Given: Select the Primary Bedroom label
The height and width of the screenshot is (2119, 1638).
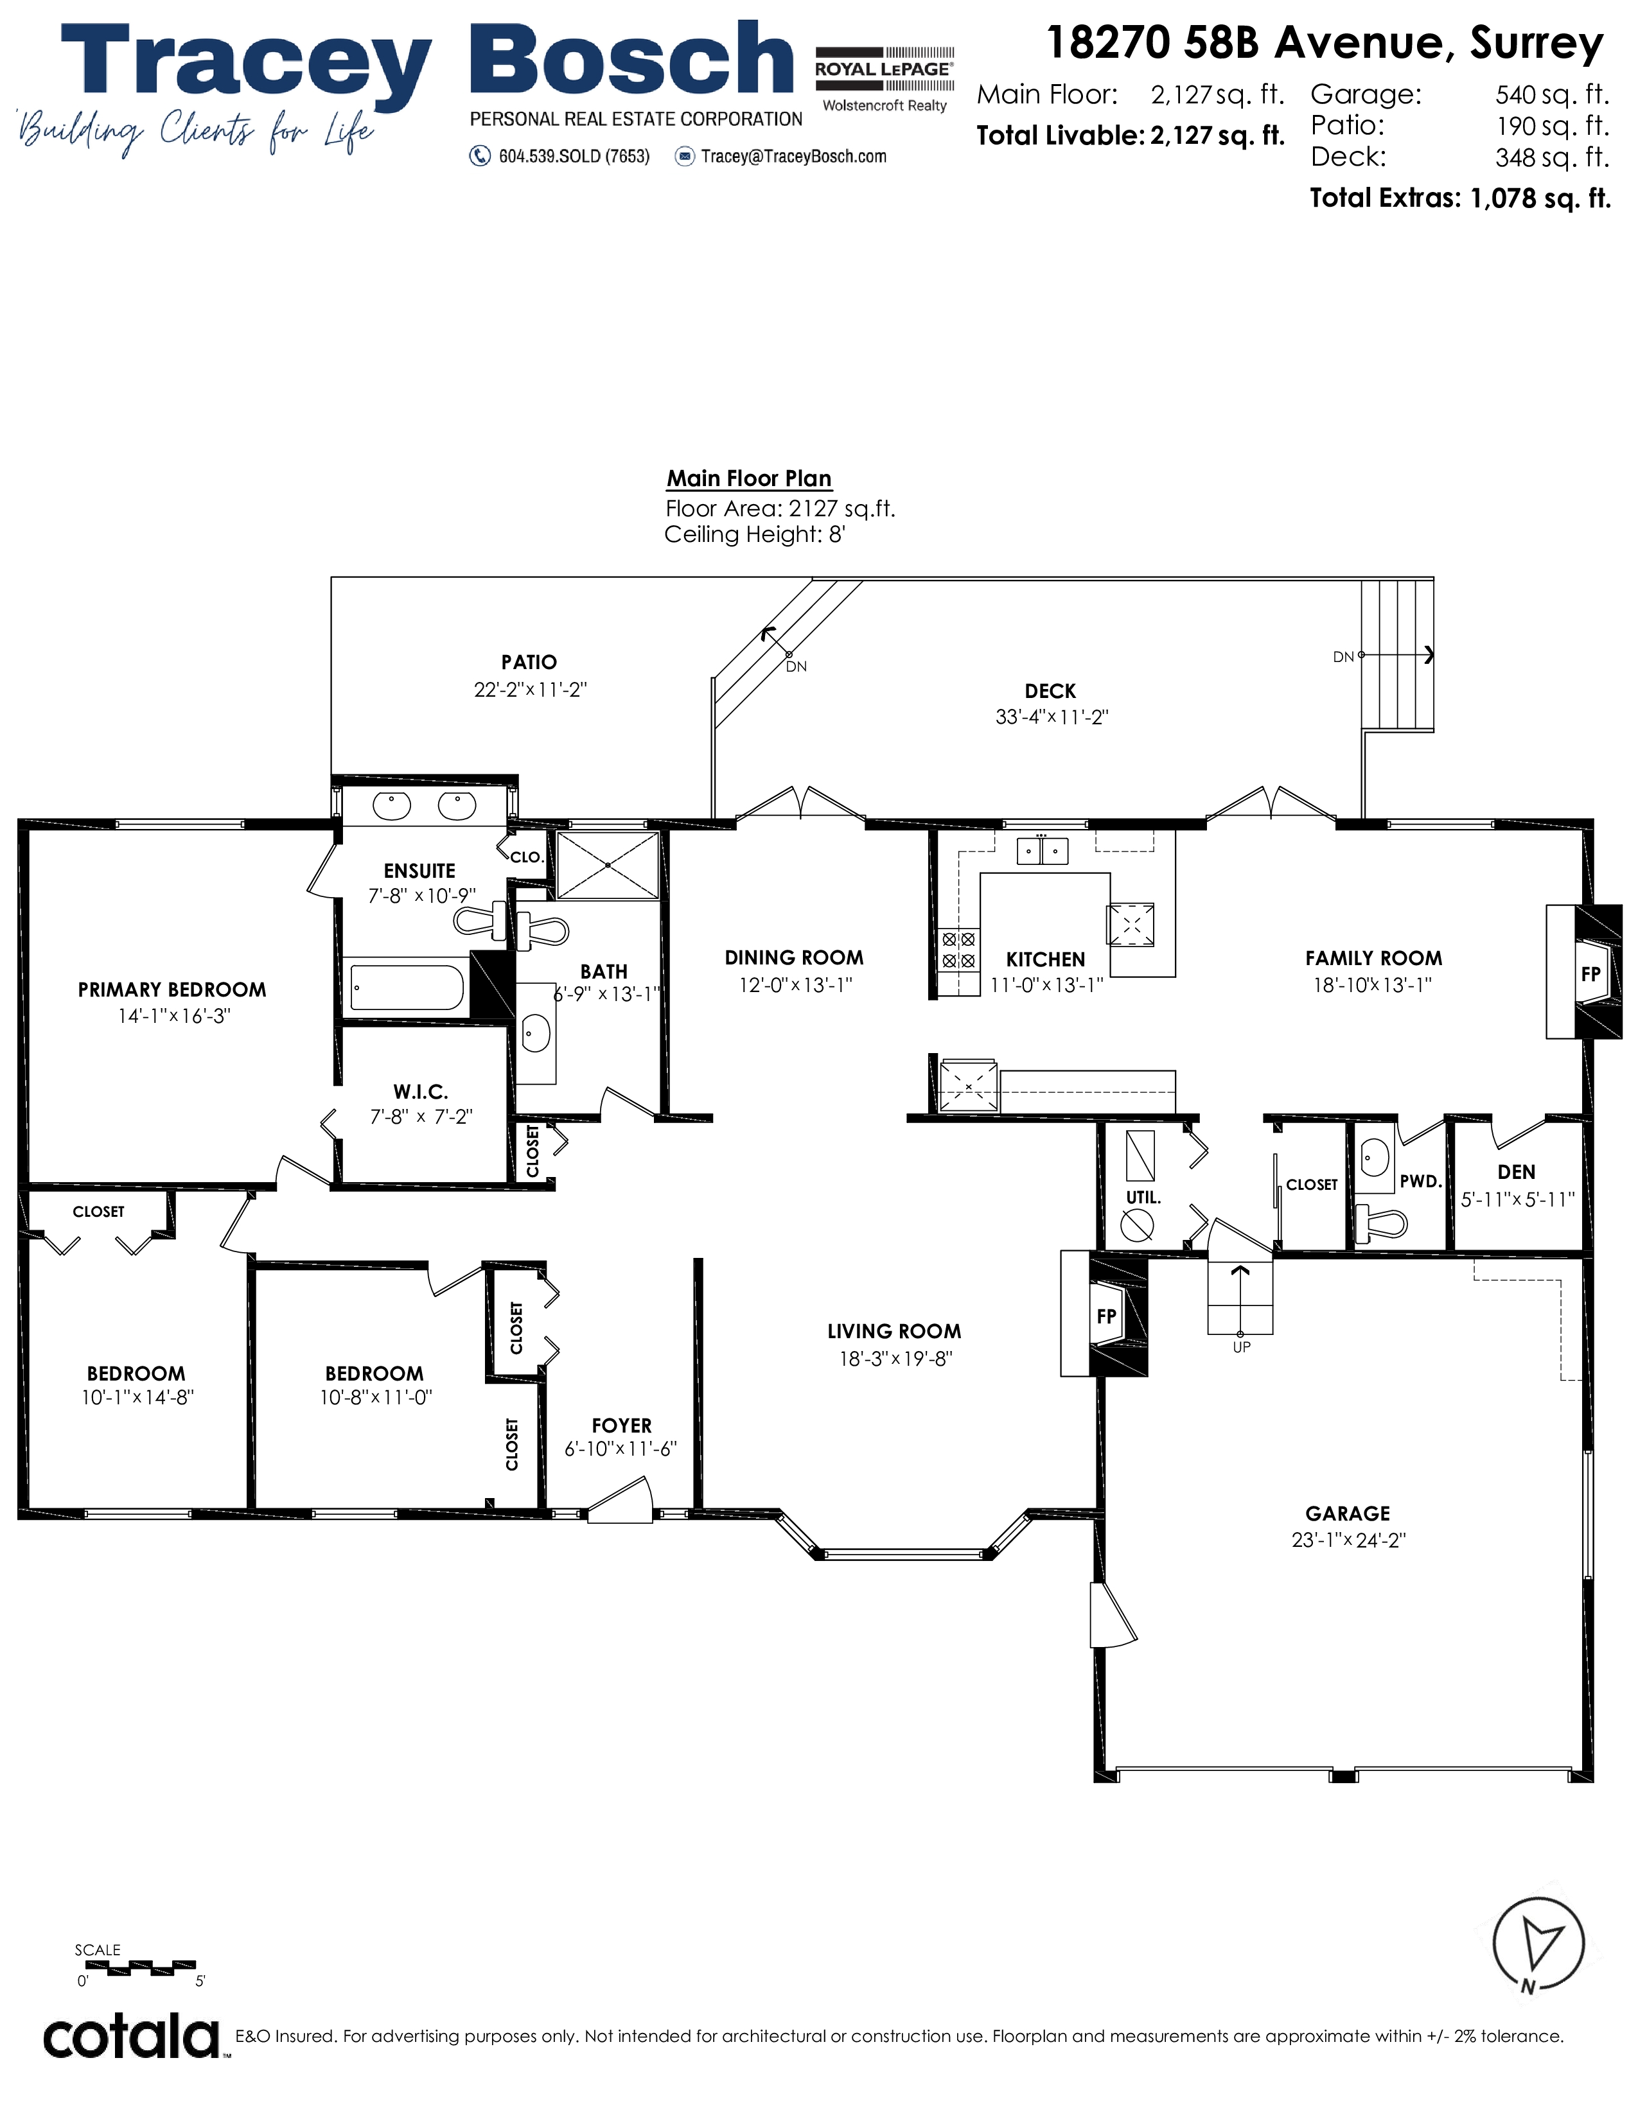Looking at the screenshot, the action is tap(172, 990).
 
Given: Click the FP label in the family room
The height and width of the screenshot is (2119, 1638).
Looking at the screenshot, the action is tap(1590, 973).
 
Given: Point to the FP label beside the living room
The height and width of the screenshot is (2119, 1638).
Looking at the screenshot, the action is tap(1106, 1316).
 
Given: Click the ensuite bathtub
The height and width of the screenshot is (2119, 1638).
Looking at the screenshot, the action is tap(407, 988).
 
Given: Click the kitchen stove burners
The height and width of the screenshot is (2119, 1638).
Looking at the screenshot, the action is tap(959, 950).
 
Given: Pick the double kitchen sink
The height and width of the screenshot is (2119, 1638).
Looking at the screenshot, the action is tap(1042, 851).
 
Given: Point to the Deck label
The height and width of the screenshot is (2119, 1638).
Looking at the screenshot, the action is tap(1050, 691).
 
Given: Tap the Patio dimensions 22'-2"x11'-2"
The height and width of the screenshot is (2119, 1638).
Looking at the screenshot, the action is tap(530, 689).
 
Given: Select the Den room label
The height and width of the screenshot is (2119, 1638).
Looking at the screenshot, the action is tap(1517, 1172).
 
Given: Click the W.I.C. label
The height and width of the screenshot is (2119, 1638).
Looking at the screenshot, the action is tap(420, 1092).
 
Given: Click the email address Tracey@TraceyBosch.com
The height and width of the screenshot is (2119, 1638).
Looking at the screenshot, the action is tap(794, 156).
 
